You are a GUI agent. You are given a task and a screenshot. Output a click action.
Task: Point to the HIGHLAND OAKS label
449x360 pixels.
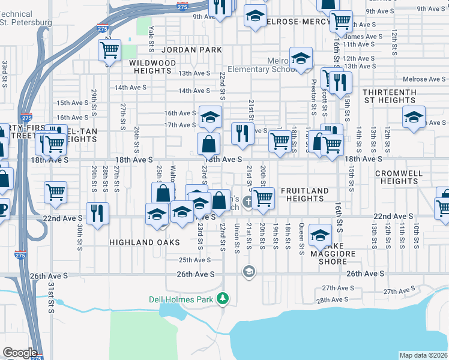pyautogui.click(x=144, y=242)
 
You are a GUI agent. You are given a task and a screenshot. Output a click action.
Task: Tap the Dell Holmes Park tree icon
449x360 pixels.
pyautogui.click(x=223, y=298)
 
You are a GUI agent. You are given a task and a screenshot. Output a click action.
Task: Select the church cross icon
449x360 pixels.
pyautogui.click(x=247, y=205)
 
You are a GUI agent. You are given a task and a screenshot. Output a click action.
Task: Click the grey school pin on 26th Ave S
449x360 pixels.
pyautogui.click(x=249, y=273)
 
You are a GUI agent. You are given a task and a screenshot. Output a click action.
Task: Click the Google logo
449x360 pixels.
pyautogui.click(x=20, y=353)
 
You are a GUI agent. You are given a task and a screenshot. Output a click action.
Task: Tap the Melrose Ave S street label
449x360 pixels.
pyautogui.click(x=424, y=79)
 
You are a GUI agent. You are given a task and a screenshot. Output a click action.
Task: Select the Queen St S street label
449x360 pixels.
pyautogui.click(x=302, y=236)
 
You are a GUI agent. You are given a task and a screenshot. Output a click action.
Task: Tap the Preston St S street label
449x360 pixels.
pyautogui.click(x=313, y=96)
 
